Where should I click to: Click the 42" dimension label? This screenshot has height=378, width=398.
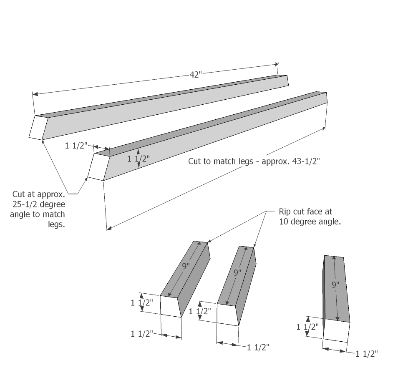(196, 75)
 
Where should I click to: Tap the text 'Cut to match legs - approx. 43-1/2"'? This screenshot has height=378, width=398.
(254, 161)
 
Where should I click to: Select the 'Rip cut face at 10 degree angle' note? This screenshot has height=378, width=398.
(310, 217)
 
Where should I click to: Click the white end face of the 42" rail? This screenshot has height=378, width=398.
(38, 128)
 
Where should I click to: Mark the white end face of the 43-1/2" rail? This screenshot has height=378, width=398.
(99, 167)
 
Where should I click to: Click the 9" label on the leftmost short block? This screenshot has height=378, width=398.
(186, 266)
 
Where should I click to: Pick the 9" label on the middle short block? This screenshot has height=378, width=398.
(237, 273)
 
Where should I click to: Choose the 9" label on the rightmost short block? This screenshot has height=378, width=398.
(335, 285)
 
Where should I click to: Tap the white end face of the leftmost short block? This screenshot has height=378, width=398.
(171, 306)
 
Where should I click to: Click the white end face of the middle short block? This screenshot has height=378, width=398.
(228, 315)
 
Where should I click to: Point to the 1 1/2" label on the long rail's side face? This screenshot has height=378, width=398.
(139, 159)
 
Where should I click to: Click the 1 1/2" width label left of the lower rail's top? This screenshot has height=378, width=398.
(76, 146)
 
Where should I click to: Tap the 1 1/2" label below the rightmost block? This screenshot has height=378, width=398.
(367, 354)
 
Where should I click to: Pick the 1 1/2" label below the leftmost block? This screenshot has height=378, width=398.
(142, 334)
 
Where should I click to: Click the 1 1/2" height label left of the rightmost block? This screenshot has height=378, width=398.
(307, 327)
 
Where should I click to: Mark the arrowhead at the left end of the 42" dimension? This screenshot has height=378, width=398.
(35, 94)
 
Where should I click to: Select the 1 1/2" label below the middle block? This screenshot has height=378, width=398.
(258, 347)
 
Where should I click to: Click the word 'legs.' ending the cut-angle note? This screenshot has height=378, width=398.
(57, 224)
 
